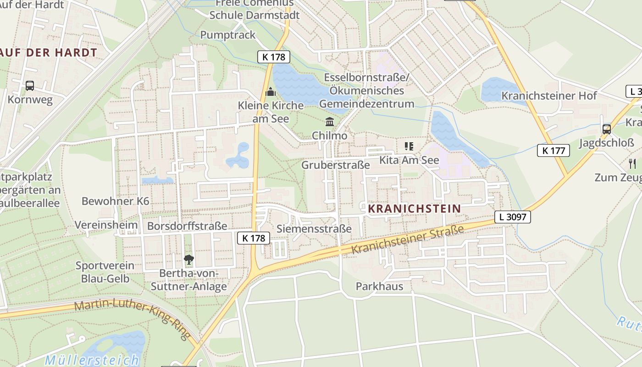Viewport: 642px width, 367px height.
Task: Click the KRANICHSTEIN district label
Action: pos(414,209)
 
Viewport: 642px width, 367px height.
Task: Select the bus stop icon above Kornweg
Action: pos(30,86)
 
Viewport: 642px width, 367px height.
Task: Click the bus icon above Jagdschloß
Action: pos(607,129)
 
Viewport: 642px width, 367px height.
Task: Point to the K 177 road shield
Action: pos(553,150)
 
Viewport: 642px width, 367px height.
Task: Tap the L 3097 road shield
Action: pos(512,217)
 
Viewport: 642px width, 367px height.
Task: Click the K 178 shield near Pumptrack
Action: pos(274,57)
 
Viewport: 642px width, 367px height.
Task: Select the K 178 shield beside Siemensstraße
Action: pos(254,238)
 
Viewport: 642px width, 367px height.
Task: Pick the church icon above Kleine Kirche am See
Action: pos(271,92)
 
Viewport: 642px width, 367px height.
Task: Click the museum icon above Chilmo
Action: pos(329,122)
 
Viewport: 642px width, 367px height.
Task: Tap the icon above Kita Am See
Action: pos(409,146)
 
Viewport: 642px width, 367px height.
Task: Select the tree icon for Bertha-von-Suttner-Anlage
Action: pos(188,260)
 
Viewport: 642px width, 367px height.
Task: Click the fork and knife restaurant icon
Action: pos(632,163)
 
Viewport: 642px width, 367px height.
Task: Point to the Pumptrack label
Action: pos(228,35)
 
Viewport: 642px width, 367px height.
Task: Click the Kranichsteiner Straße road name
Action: pos(408,239)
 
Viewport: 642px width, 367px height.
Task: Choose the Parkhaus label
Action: pos(379,286)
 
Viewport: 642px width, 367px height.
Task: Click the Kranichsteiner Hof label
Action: pos(549,95)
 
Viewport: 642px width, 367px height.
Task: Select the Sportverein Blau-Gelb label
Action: pos(105,272)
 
